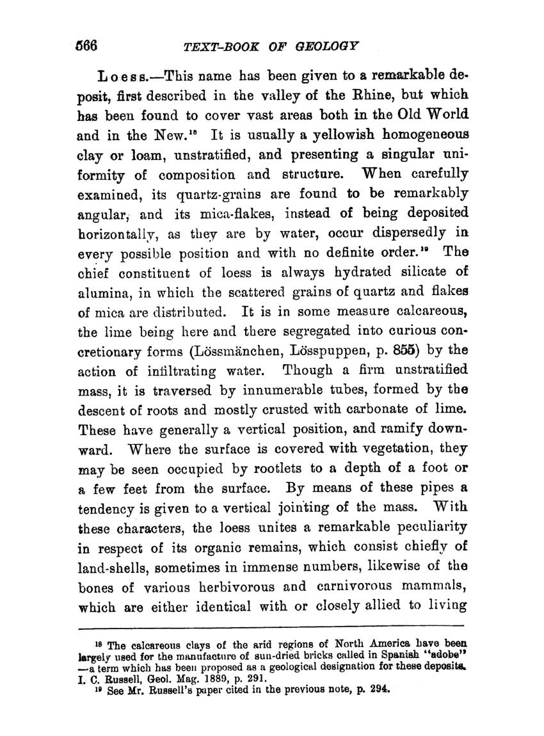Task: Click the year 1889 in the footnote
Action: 193,680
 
